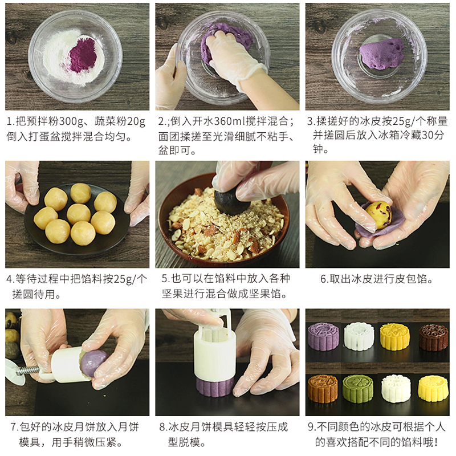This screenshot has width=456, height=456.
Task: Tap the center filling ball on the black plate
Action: (79, 214)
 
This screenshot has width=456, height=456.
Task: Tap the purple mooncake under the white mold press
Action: (215, 385)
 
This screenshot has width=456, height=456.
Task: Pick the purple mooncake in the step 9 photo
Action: (323, 336)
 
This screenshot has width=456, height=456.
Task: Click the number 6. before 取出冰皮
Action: (324, 279)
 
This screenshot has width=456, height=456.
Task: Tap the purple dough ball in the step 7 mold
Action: (93, 364)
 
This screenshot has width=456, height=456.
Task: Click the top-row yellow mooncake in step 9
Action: (395, 336)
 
